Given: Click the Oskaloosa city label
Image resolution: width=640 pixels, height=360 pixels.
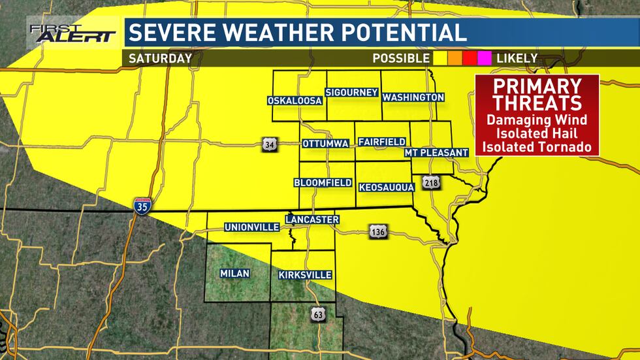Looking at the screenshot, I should [295, 101].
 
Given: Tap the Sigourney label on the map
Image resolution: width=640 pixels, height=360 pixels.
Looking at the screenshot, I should [352, 92].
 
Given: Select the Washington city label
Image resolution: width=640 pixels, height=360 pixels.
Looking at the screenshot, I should [413, 97].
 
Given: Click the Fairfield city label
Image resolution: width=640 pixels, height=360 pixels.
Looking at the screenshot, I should [382, 142].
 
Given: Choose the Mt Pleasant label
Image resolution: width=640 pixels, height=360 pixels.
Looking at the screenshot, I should [436, 152].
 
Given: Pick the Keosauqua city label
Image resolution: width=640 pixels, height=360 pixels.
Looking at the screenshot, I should [386, 188].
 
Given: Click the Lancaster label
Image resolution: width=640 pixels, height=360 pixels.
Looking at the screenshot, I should [312, 220].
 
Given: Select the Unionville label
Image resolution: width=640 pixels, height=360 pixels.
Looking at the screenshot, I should [251, 227].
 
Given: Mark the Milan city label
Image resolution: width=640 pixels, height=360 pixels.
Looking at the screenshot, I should [234, 273].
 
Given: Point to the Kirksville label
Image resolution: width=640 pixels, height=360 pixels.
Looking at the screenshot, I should [305, 275].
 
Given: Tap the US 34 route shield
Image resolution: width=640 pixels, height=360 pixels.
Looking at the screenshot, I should [269, 144].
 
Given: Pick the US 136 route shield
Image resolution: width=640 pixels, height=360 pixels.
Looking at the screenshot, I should [377, 231].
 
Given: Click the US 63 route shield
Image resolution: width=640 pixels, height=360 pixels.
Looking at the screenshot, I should [317, 315].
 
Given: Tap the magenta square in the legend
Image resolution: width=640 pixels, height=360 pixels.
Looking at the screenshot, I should [484, 59].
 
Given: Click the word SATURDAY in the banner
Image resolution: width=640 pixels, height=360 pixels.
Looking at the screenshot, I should [160, 58].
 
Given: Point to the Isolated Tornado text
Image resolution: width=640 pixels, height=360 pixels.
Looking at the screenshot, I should [537, 146].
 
